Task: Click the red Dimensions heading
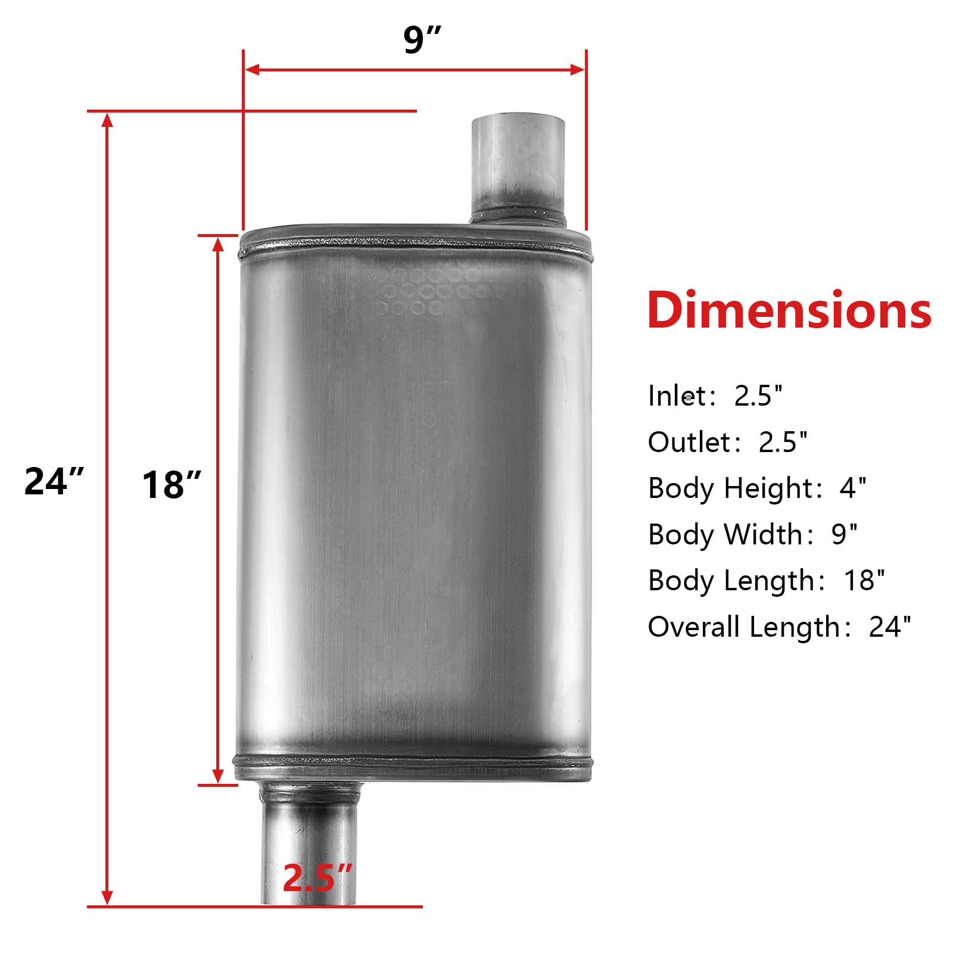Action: pyautogui.click(x=789, y=310)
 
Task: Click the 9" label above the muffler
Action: pyautogui.click(x=422, y=40)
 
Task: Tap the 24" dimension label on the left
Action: pyautogui.click(x=54, y=481)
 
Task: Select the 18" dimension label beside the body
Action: pyautogui.click(x=171, y=484)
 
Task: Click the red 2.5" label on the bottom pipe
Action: pyautogui.click(x=317, y=877)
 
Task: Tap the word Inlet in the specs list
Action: pyautogui.click(x=678, y=396)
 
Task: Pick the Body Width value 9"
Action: pyautogui.click(x=844, y=534)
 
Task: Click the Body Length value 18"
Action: pyautogui.click(x=864, y=581)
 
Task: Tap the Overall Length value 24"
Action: pyautogui.click(x=889, y=627)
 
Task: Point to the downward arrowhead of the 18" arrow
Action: pyautogui.click(x=218, y=776)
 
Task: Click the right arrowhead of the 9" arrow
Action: pyautogui.click(x=577, y=70)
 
